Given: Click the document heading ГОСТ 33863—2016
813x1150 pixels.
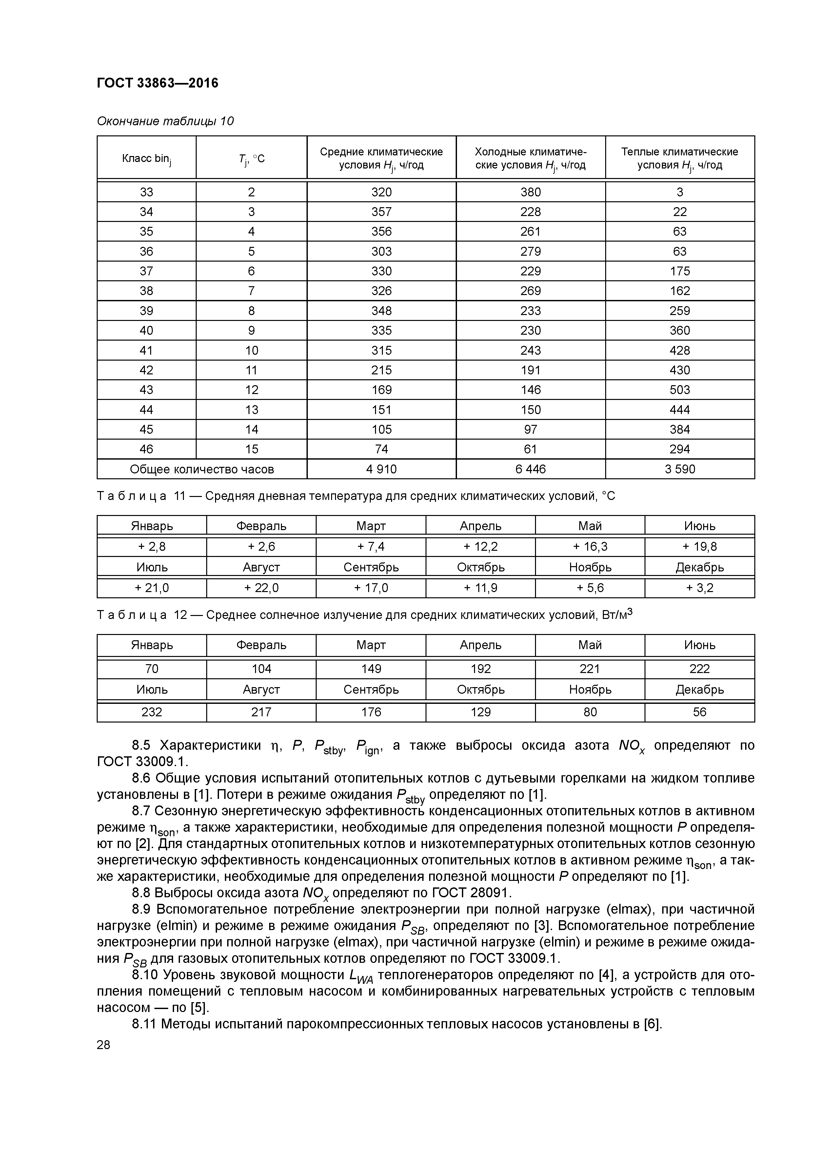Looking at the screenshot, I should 157,83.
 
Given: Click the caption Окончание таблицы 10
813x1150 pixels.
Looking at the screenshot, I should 165,121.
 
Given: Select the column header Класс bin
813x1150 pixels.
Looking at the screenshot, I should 146,159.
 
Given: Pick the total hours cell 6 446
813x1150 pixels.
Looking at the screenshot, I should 530,469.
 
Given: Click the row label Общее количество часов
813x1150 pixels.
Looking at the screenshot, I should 202,469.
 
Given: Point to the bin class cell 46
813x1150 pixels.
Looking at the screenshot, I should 146,449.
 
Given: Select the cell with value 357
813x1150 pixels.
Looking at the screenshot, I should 381,212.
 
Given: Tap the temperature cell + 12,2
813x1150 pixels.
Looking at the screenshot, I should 480,546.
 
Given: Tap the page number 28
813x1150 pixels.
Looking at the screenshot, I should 103,1044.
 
